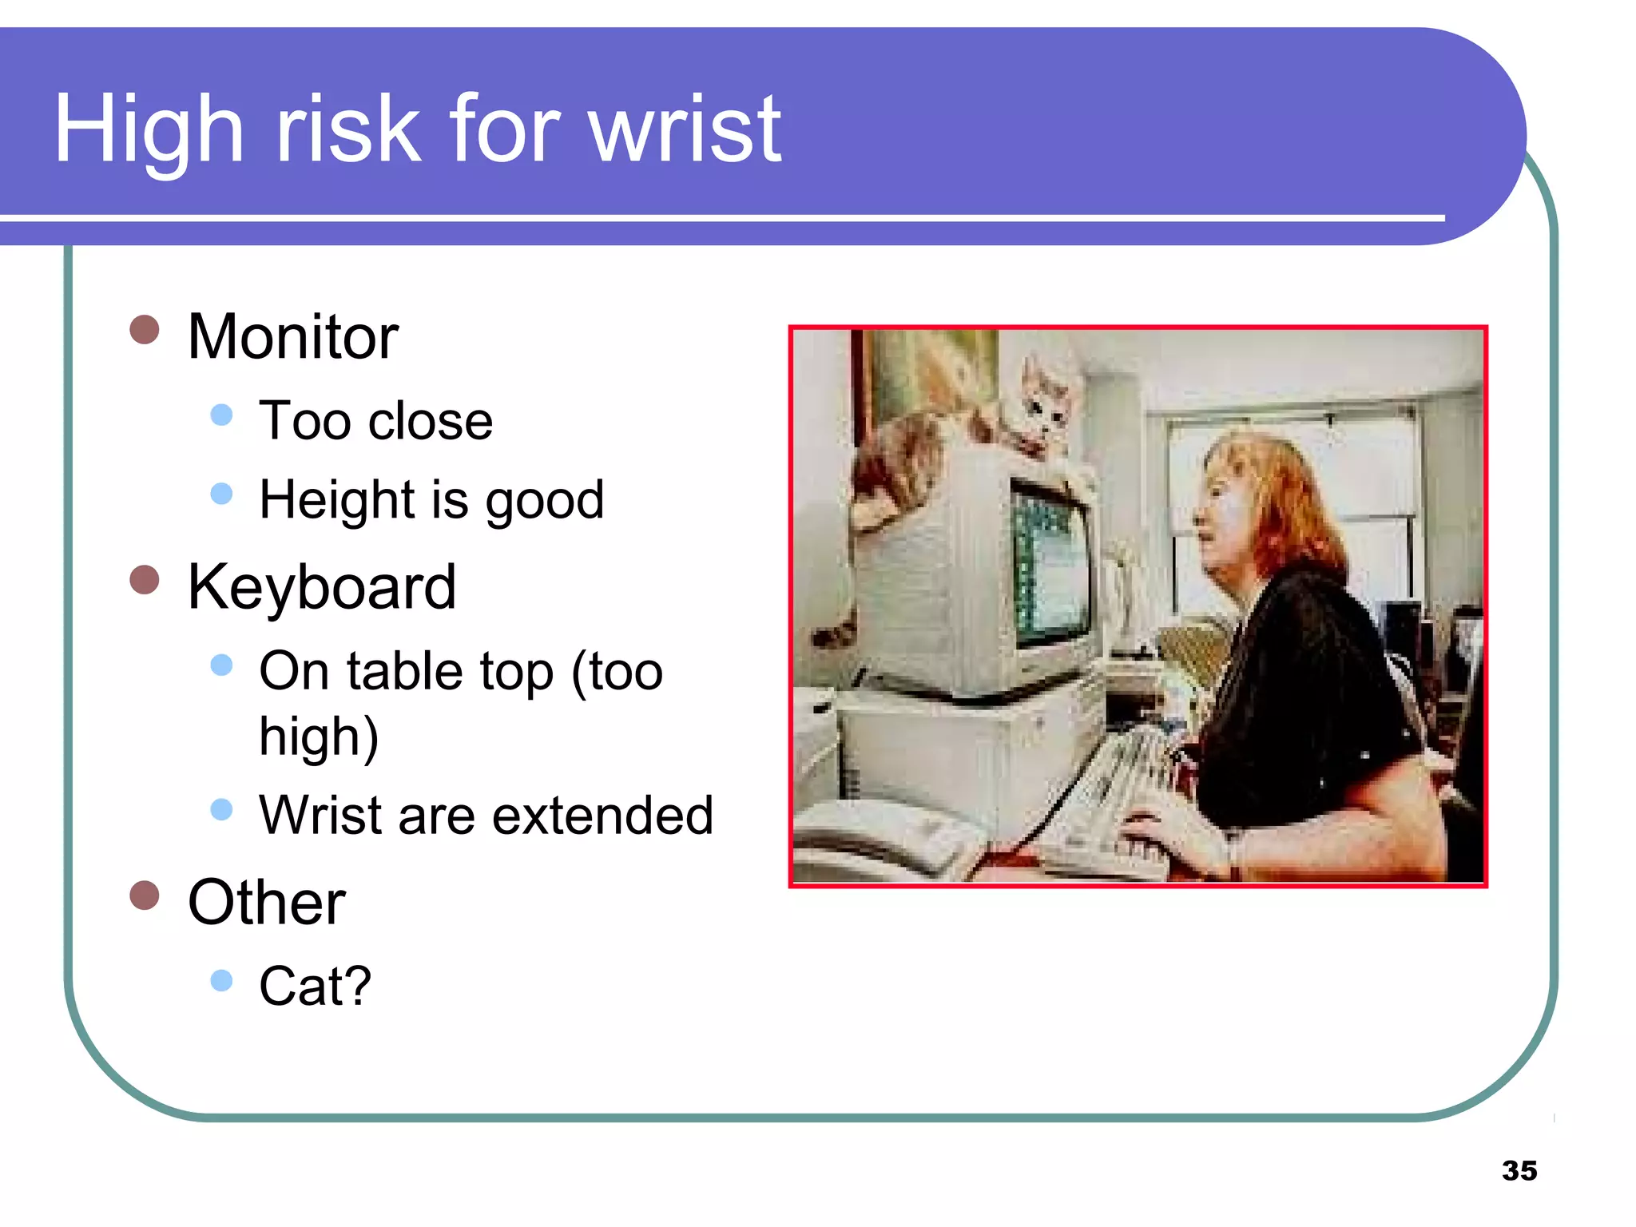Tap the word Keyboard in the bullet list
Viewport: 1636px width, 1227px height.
click(x=321, y=588)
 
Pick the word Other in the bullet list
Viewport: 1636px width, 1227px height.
click(x=266, y=903)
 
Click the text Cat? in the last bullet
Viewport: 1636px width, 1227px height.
click(x=315, y=986)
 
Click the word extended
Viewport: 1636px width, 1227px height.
click(x=602, y=816)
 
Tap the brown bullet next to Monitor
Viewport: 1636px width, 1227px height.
click(x=145, y=329)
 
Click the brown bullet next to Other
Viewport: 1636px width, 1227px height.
click(x=145, y=895)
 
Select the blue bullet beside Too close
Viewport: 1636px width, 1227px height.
click(x=221, y=415)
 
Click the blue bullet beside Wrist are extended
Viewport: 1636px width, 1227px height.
click(x=221, y=809)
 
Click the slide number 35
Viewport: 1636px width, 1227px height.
click(x=1519, y=1170)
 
